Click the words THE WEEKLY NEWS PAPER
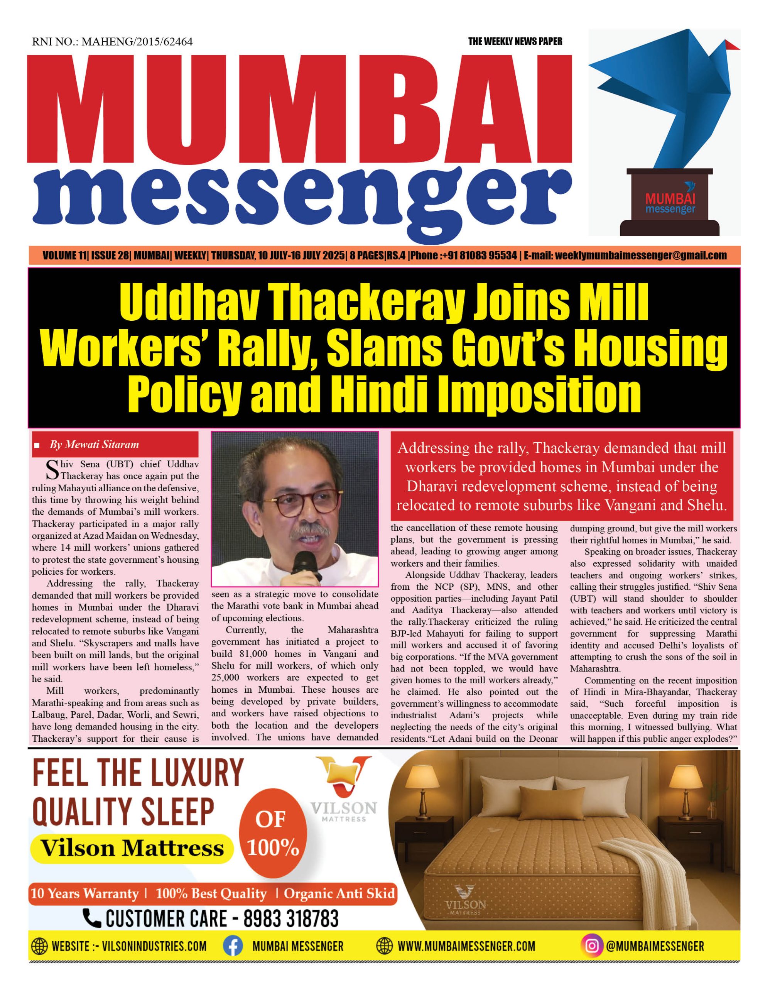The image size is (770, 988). tap(515, 42)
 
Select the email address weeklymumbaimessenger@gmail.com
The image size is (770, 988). tap(641, 255)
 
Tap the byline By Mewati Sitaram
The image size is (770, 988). tap(94, 444)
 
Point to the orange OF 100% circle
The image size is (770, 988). tap(273, 833)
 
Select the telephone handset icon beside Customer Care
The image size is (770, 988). tap(92, 918)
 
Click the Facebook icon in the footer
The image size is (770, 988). tap(233, 946)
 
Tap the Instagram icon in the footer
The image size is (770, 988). tap(592, 946)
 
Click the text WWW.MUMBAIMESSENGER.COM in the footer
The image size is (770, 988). tap(466, 946)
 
